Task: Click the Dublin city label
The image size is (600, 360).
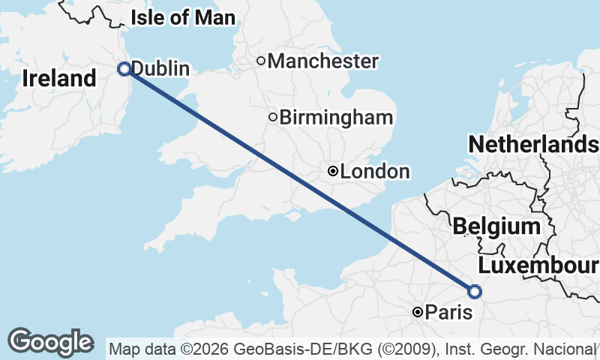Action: click(x=160, y=69)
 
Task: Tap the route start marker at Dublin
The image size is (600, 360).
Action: click(x=124, y=69)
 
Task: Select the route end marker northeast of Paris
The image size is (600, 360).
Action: click(x=474, y=291)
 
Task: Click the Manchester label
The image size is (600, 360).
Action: click(x=322, y=61)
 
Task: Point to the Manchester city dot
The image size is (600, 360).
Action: click(x=261, y=61)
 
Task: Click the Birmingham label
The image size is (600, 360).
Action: click(x=336, y=117)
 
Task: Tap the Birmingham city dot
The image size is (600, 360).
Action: click(x=273, y=117)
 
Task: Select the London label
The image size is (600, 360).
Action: click(x=375, y=172)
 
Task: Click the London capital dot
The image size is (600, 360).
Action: click(x=332, y=172)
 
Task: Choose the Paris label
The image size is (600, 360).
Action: click(x=448, y=312)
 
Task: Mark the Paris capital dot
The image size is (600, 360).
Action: click(x=418, y=312)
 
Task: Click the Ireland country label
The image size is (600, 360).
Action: click(x=59, y=78)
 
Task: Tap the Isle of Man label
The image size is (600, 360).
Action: click(x=182, y=18)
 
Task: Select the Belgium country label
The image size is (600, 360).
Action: click(x=496, y=226)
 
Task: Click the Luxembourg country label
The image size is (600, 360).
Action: click(x=538, y=265)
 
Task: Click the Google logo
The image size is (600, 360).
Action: click(x=50, y=342)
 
